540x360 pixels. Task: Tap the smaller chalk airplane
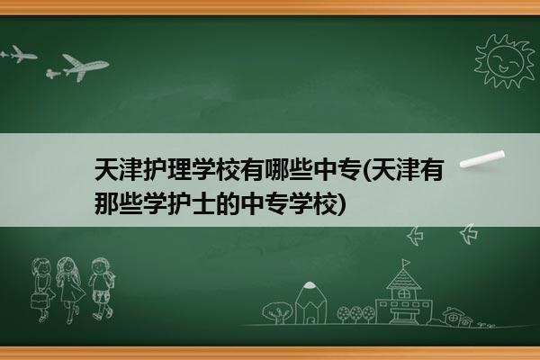19,54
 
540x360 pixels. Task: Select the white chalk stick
482,159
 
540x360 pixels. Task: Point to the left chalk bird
416,236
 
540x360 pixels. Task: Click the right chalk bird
469,234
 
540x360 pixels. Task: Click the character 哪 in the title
276,169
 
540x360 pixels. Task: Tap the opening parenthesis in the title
366,170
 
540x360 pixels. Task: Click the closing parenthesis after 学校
341,204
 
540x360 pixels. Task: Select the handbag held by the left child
39,300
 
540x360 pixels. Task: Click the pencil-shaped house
310,302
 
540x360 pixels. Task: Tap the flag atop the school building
407,263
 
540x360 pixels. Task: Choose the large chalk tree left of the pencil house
277,312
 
